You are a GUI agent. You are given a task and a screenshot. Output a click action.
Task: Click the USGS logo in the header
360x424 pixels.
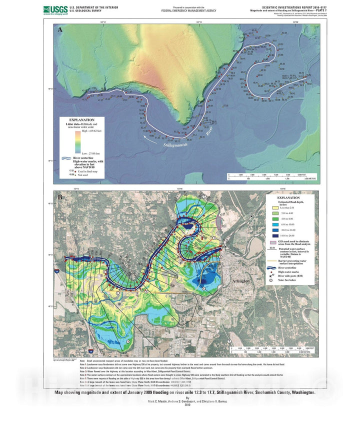(54, 9)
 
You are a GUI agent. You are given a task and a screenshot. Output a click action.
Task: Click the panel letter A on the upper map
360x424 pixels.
(60, 30)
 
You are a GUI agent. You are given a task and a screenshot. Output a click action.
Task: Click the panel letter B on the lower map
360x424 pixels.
(60, 197)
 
